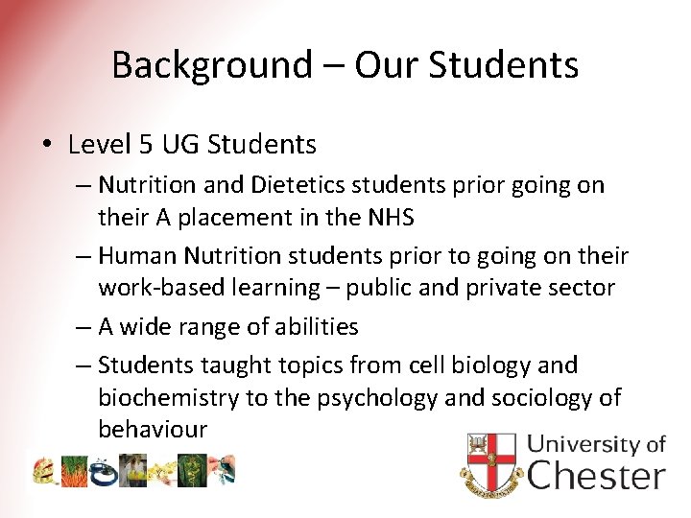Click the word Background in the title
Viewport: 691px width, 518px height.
point(211,65)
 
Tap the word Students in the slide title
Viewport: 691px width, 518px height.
point(504,65)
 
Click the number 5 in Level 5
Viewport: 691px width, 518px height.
point(145,145)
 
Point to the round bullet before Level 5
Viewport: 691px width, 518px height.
point(47,146)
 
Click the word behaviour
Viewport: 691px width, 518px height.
point(152,429)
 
